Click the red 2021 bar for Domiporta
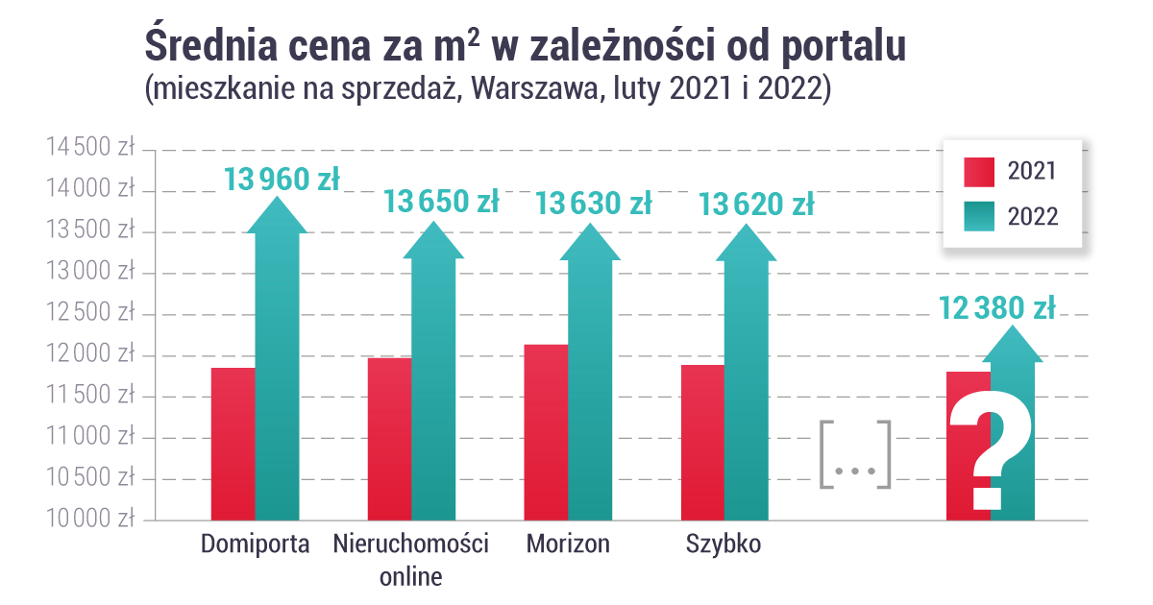pos(233,444)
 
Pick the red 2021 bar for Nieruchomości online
pos(389,439)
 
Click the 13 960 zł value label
pos(282,179)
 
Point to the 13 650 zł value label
pos(441,202)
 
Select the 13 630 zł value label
pos(593,204)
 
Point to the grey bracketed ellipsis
pos(855,454)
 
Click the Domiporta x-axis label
pos(256,544)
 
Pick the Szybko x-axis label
pos(724,544)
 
